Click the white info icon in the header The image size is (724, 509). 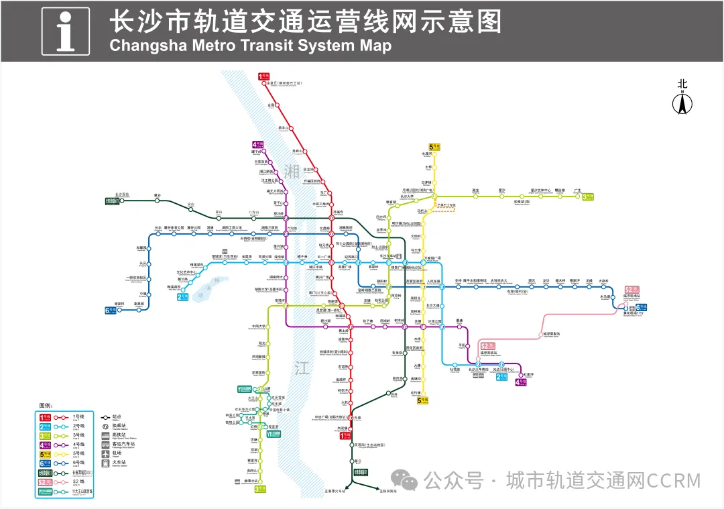pos(66,31)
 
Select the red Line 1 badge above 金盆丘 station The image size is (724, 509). pos(264,76)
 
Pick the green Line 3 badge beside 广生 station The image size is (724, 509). pos(588,197)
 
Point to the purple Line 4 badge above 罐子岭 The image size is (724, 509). pos(258,144)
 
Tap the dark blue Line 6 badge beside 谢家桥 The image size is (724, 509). pos(110,310)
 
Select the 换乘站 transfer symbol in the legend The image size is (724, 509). pos(106,425)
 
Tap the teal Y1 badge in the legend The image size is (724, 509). pos(45,492)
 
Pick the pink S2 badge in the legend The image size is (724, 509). pos(45,482)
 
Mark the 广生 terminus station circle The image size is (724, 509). pos(577,197)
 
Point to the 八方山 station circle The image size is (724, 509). pos(253,217)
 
